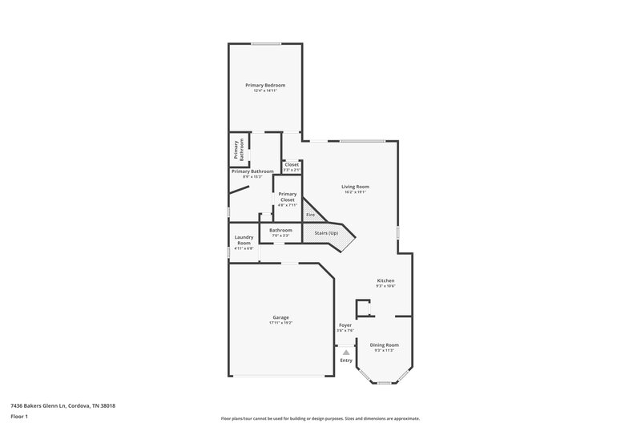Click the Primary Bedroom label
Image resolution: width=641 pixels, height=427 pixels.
(x=264, y=85)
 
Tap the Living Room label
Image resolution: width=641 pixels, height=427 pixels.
(x=355, y=187)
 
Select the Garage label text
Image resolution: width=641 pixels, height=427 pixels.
(x=280, y=316)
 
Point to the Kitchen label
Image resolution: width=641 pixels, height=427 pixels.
(x=386, y=280)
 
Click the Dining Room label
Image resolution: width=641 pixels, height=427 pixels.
(x=384, y=344)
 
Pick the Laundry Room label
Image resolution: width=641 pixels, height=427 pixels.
(x=244, y=240)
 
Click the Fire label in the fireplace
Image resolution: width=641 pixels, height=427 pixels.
(x=310, y=215)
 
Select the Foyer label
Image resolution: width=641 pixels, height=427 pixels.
(x=345, y=325)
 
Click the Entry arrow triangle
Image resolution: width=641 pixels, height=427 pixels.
(x=345, y=352)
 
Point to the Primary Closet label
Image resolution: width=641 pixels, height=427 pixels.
(x=287, y=196)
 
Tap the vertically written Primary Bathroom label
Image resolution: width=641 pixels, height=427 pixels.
(x=237, y=150)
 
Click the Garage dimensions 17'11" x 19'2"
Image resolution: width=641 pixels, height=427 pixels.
(x=280, y=323)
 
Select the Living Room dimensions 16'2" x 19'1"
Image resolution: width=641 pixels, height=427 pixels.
(x=355, y=192)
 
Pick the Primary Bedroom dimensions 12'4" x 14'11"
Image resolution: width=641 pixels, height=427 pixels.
(x=264, y=91)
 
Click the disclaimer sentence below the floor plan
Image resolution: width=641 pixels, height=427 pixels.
(x=320, y=418)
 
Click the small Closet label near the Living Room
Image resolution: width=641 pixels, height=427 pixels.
(x=292, y=164)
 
